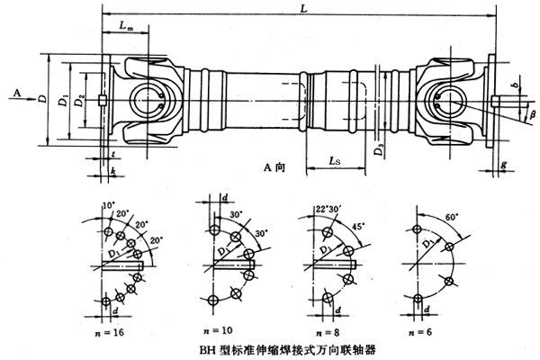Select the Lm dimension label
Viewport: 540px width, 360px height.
(x=129, y=30)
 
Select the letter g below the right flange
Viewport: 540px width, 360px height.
(x=505, y=166)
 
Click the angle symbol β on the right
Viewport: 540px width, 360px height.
(x=532, y=115)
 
